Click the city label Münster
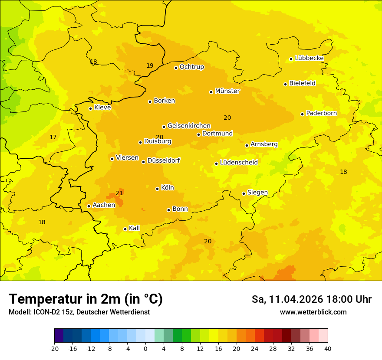(x=227, y=91)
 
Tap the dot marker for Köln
(x=157, y=189)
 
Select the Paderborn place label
(x=321, y=113)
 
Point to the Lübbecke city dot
(x=291, y=59)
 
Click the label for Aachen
(x=104, y=205)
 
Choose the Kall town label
(x=134, y=228)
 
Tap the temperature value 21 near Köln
(x=119, y=193)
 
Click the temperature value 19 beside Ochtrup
(x=150, y=65)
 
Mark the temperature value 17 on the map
(x=53, y=137)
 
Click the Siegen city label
(x=257, y=193)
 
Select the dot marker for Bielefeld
(x=285, y=84)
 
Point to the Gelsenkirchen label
(x=189, y=126)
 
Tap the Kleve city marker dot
(x=90, y=108)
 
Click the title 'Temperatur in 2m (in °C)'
(x=86, y=299)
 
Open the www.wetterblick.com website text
(x=313, y=312)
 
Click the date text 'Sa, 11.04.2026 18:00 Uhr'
(x=311, y=299)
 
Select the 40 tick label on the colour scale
(x=327, y=348)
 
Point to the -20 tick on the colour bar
(x=54, y=348)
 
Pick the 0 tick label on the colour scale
(x=145, y=348)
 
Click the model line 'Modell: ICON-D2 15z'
(x=79, y=312)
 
